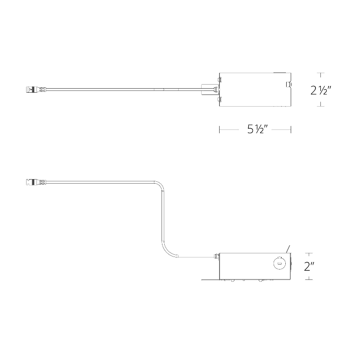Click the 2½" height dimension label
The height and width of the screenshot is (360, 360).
pyautogui.click(x=321, y=90)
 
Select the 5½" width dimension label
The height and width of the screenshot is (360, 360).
pyautogui.click(x=257, y=129)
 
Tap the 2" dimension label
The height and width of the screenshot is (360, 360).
pyautogui.click(x=309, y=266)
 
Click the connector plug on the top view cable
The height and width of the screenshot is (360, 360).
pyautogui.click(x=36, y=89)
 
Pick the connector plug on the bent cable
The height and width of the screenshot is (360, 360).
pyautogui.click(x=36, y=182)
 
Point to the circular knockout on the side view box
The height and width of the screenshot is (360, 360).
pyautogui.click(x=279, y=263)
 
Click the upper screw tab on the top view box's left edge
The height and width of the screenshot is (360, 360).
pyautogui.click(x=220, y=80)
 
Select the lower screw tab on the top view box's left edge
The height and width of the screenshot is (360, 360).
pyautogui.click(x=220, y=99)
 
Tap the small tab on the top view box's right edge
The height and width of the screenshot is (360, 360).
pyautogui.click(x=288, y=85)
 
